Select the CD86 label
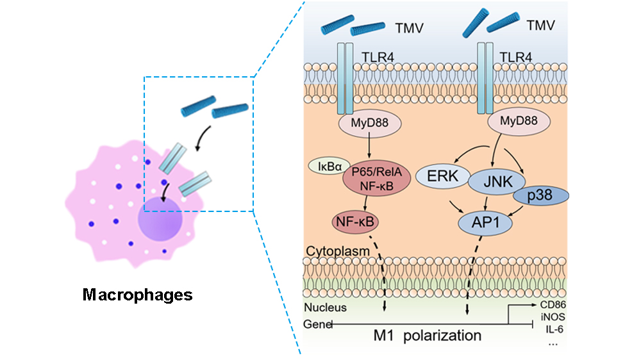click(x=551, y=304)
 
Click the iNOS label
click(x=551, y=316)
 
